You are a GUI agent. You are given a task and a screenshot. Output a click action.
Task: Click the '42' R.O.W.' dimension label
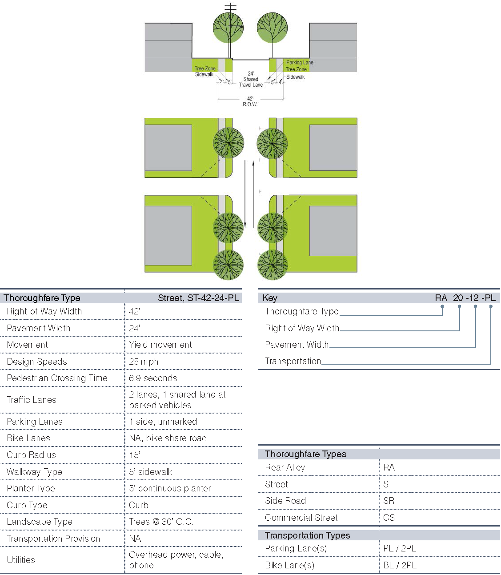[250, 101]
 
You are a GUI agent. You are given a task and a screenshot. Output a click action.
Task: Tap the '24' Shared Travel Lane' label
[251, 79]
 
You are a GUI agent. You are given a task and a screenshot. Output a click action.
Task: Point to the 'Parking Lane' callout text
[300, 63]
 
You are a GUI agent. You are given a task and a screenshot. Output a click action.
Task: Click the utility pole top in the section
[230, 7]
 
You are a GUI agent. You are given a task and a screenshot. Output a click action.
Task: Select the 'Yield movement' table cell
[160, 345]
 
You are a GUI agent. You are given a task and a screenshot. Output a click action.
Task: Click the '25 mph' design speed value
[144, 362]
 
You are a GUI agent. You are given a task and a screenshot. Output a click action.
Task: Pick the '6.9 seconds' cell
[153, 378]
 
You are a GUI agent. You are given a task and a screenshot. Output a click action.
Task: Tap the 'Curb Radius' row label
[32, 455]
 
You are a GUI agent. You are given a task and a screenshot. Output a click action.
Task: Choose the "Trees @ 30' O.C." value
[161, 522]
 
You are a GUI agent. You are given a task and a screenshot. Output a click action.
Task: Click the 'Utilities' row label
[21, 560]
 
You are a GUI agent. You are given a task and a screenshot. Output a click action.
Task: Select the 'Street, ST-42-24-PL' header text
[198, 298]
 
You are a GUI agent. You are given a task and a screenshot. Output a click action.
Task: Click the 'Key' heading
[270, 298]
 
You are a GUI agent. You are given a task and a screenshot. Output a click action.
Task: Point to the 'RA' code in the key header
[441, 298]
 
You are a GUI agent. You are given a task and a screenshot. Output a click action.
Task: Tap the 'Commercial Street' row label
[301, 518]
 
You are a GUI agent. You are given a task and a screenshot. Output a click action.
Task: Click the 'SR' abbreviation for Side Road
[389, 501]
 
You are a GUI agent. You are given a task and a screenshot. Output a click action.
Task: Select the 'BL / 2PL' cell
[400, 565]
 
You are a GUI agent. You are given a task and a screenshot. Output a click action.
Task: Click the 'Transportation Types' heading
[307, 535]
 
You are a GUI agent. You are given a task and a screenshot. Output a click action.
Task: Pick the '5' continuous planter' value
[170, 488]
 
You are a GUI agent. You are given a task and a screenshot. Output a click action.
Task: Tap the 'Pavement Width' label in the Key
[297, 345]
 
